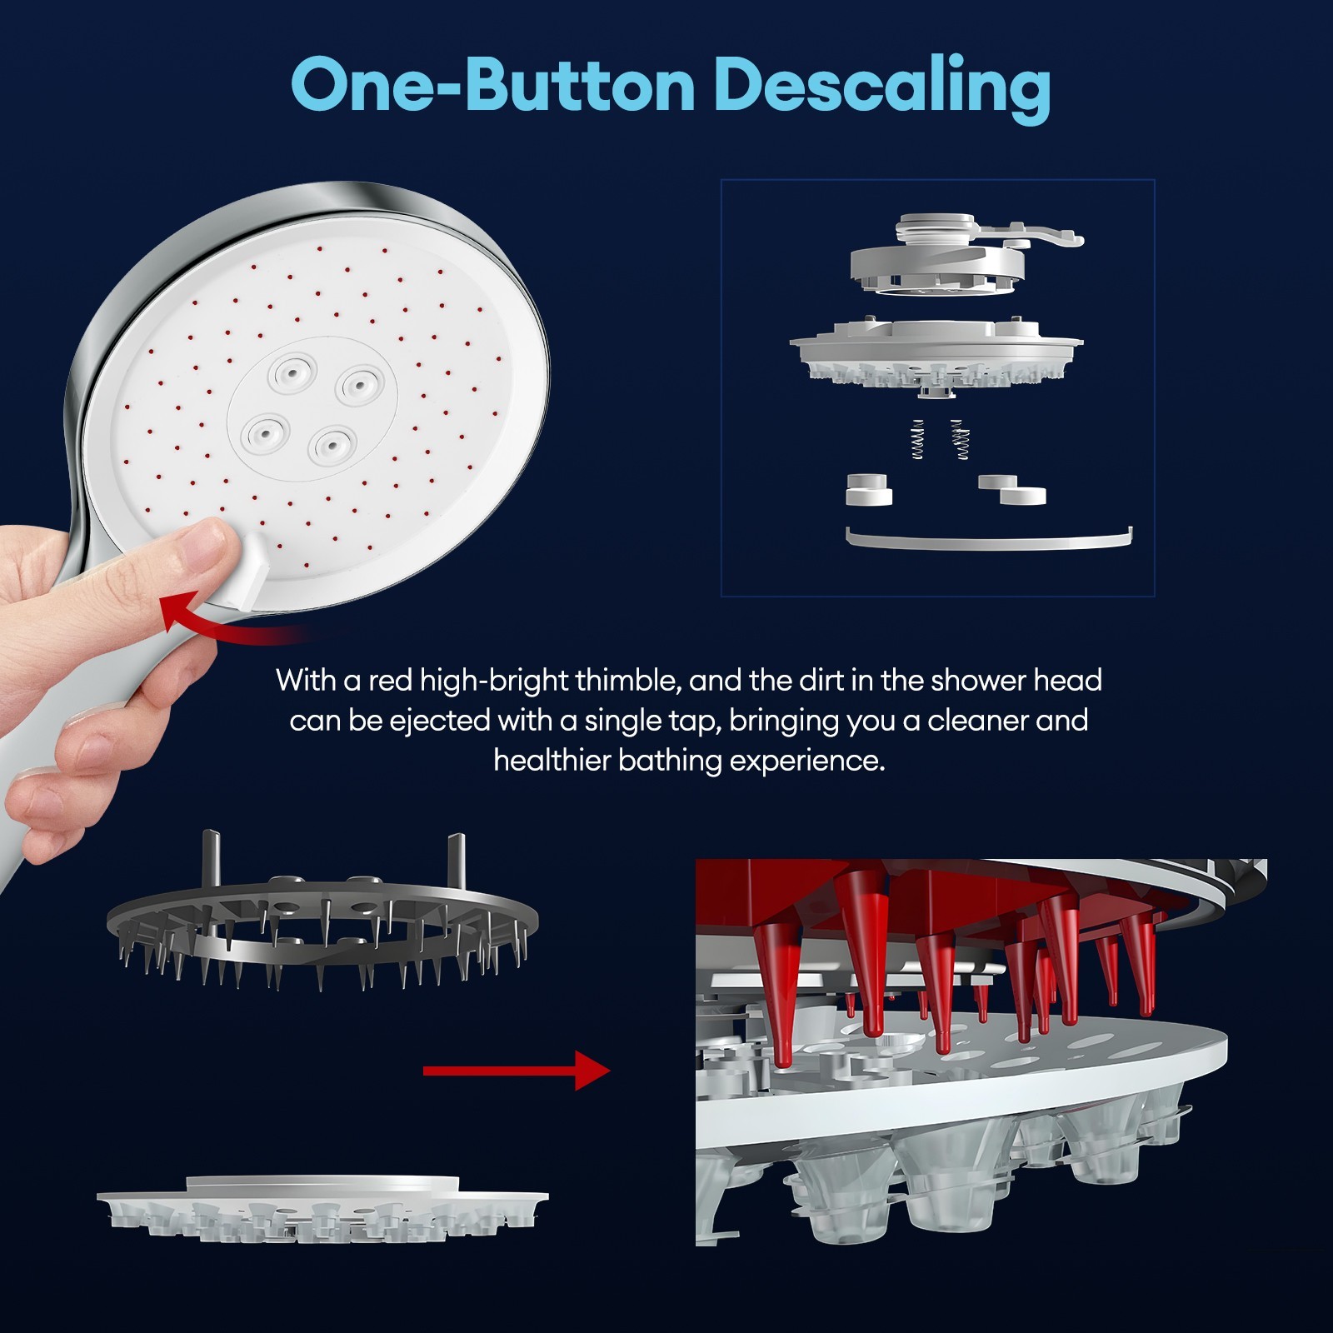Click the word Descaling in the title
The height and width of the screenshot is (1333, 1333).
[x=882, y=87]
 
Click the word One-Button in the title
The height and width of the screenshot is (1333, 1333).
[x=492, y=85]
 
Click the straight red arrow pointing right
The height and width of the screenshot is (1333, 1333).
[x=517, y=1071]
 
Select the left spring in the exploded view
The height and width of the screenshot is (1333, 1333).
[x=917, y=439]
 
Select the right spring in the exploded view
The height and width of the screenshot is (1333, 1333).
[x=961, y=439]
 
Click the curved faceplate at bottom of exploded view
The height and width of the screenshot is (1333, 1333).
[x=989, y=539]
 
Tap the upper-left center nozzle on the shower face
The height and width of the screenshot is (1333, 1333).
[x=292, y=371]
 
